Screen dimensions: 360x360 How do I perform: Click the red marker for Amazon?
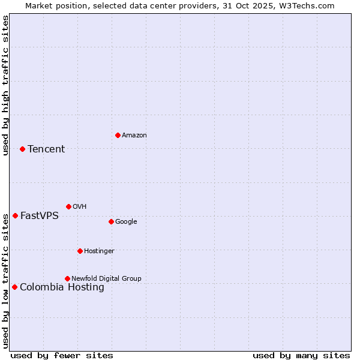[x=118, y=135]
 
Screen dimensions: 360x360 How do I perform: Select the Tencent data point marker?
[x=22, y=149]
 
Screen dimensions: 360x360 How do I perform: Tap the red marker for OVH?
[x=68, y=206]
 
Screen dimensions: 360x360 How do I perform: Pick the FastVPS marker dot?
[x=15, y=215]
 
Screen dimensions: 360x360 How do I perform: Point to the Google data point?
[x=111, y=221]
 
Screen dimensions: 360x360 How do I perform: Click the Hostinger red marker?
[x=80, y=251]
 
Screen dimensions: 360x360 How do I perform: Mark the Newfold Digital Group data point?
[x=67, y=278]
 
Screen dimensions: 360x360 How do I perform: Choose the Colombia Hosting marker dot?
[x=14, y=287]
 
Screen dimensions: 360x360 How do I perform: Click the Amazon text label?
[x=134, y=136]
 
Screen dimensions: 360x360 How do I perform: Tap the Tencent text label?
[x=46, y=149]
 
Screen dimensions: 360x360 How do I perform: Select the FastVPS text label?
[x=40, y=216]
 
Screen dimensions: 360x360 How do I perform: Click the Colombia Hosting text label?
[x=62, y=287]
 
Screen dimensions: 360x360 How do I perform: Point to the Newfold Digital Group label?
[x=106, y=278]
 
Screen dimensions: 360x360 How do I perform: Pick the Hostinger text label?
[x=99, y=251]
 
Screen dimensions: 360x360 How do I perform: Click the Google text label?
[x=126, y=222]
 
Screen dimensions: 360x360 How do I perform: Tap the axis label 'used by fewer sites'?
[x=62, y=356]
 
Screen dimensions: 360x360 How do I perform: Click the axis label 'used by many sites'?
[x=301, y=356]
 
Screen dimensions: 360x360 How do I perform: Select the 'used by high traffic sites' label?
[x=5, y=85]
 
